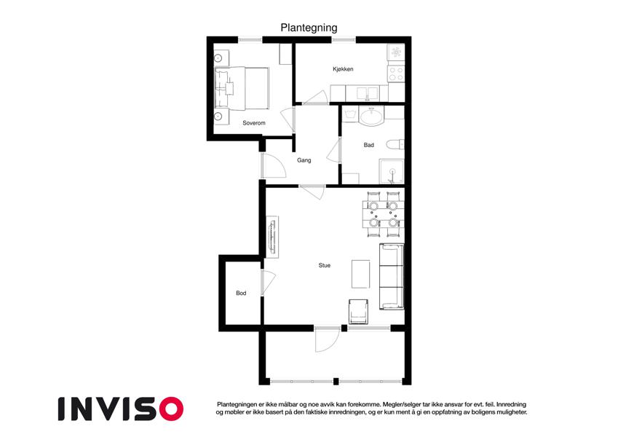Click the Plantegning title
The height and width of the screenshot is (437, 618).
[x=309, y=28]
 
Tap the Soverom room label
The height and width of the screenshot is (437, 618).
[x=254, y=123]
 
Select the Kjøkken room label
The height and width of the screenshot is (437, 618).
[x=343, y=69]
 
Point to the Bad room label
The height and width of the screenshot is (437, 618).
[x=368, y=145]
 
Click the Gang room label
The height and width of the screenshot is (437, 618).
[x=304, y=160]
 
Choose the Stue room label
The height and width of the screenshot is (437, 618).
[x=325, y=265]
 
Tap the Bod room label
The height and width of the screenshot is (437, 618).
[x=241, y=293]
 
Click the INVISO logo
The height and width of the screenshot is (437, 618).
[x=121, y=409]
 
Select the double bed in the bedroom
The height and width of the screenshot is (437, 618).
[x=242, y=88]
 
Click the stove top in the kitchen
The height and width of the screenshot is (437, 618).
[x=396, y=74]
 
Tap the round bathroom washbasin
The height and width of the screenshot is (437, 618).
[x=371, y=117]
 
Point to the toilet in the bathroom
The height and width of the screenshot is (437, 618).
[x=395, y=144]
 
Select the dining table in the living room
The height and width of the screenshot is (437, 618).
[x=383, y=214]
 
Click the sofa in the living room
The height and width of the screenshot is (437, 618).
[x=392, y=277]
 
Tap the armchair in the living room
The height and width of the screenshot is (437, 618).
[x=358, y=312]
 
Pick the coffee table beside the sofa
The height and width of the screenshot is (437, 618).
[x=360, y=274]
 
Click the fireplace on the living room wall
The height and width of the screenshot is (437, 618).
[x=272, y=237]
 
